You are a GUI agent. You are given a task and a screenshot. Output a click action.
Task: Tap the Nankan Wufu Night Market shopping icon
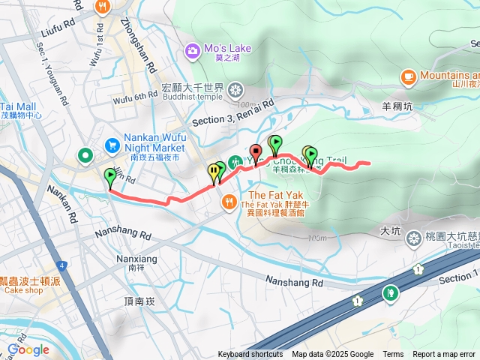[112, 144]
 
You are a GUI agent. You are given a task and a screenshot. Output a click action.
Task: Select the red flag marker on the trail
[256, 153]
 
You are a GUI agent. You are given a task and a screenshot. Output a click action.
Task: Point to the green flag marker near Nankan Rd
[110, 178]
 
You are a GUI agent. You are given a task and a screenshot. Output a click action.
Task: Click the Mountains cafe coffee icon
[409, 76]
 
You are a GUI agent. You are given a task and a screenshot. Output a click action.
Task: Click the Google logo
[28, 349]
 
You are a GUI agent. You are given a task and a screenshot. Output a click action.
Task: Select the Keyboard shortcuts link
[250, 355]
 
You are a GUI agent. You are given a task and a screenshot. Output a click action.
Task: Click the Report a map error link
[443, 355]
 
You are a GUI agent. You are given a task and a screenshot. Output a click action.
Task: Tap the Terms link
[393, 355]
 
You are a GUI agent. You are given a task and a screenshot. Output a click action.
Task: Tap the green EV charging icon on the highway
[389, 293]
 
